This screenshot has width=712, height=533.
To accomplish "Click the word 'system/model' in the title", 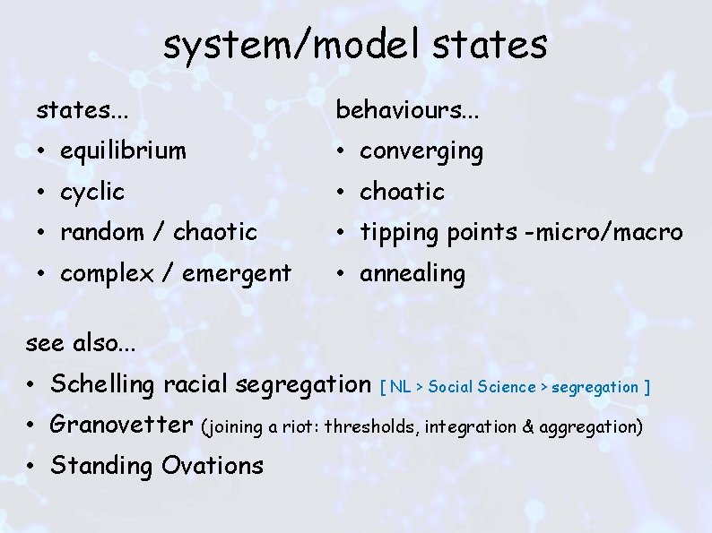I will click(x=269, y=45).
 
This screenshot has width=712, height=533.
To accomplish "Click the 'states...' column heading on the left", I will click(x=82, y=110).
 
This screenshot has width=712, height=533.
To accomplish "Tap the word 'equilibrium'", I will click(x=123, y=151).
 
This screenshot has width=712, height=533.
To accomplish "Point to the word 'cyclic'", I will click(x=92, y=192).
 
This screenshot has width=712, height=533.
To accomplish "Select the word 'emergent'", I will click(x=239, y=273).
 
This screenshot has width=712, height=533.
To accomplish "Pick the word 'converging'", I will click(x=421, y=152).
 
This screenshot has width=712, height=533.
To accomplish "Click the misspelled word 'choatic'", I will click(x=402, y=192).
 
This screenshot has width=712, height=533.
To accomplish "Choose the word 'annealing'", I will click(x=412, y=274).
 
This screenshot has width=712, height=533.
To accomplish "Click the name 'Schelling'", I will click(x=102, y=385).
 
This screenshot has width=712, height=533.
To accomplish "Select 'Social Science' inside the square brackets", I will click(x=482, y=387).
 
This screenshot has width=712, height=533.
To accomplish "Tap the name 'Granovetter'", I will click(x=122, y=425).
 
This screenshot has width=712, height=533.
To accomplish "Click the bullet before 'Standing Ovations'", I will click(x=30, y=467).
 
